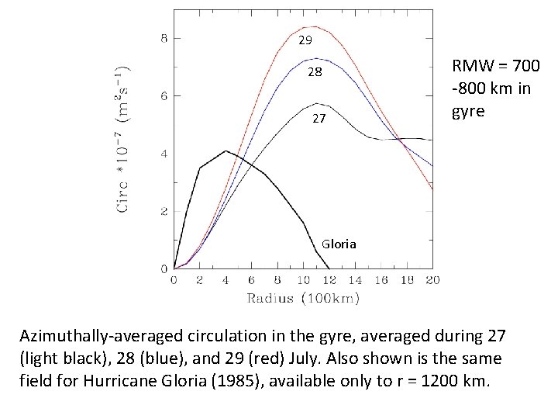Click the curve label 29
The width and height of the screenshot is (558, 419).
click(x=305, y=40)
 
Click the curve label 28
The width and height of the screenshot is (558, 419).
click(x=314, y=72)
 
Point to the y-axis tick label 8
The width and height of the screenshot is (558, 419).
click(x=164, y=38)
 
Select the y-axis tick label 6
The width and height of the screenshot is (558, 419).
click(x=164, y=96)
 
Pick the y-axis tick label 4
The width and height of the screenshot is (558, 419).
click(x=164, y=154)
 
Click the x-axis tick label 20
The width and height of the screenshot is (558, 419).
click(x=432, y=280)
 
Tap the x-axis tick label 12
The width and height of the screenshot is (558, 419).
click(x=329, y=280)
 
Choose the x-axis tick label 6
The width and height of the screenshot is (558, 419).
click(x=251, y=280)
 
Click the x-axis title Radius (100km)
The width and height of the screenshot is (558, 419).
click(x=304, y=298)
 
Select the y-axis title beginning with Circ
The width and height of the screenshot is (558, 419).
click(x=123, y=140)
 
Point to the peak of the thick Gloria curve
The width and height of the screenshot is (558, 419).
click(x=226, y=151)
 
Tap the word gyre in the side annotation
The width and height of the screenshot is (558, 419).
click(x=468, y=110)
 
